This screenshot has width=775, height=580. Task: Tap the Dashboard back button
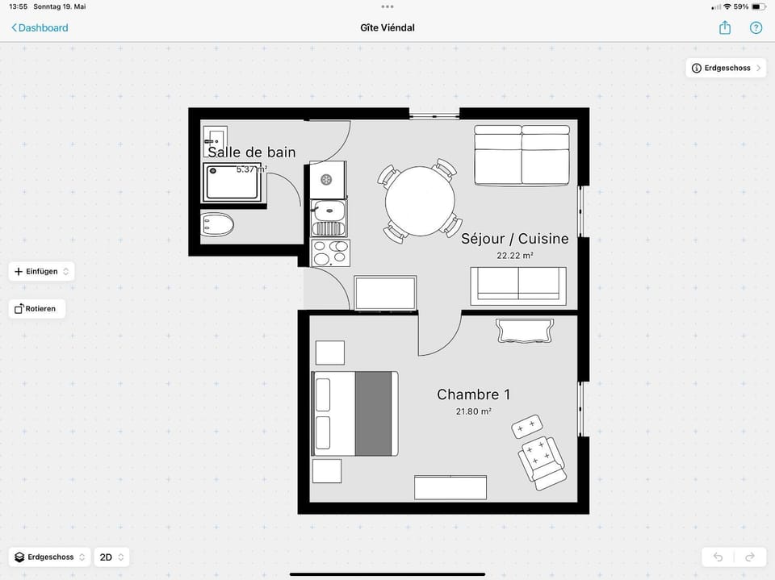[x=40, y=27]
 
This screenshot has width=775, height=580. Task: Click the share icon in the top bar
[x=725, y=27]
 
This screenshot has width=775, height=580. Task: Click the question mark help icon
[x=756, y=27]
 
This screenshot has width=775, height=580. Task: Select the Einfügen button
[x=41, y=271]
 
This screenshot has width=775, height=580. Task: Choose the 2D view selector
[x=111, y=557]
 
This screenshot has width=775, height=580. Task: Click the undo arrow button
[x=718, y=557]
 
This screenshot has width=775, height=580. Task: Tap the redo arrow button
[x=750, y=557]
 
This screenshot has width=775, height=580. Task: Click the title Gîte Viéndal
[x=387, y=27]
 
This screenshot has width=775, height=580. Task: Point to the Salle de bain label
[x=252, y=152]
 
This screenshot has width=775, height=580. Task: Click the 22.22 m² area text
[x=514, y=256]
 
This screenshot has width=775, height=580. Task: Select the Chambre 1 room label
[x=473, y=394]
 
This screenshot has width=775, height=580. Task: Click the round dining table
[x=420, y=201]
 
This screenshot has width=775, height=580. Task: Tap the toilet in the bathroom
[x=217, y=225]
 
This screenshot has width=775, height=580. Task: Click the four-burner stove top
[x=330, y=252]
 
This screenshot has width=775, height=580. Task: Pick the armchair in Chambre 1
[x=542, y=463]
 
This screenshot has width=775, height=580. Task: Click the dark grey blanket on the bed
[x=373, y=414]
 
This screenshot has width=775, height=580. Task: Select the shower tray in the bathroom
[x=232, y=182]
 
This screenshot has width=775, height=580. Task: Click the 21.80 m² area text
[x=474, y=411]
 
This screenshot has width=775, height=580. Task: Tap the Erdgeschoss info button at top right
[x=726, y=69]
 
